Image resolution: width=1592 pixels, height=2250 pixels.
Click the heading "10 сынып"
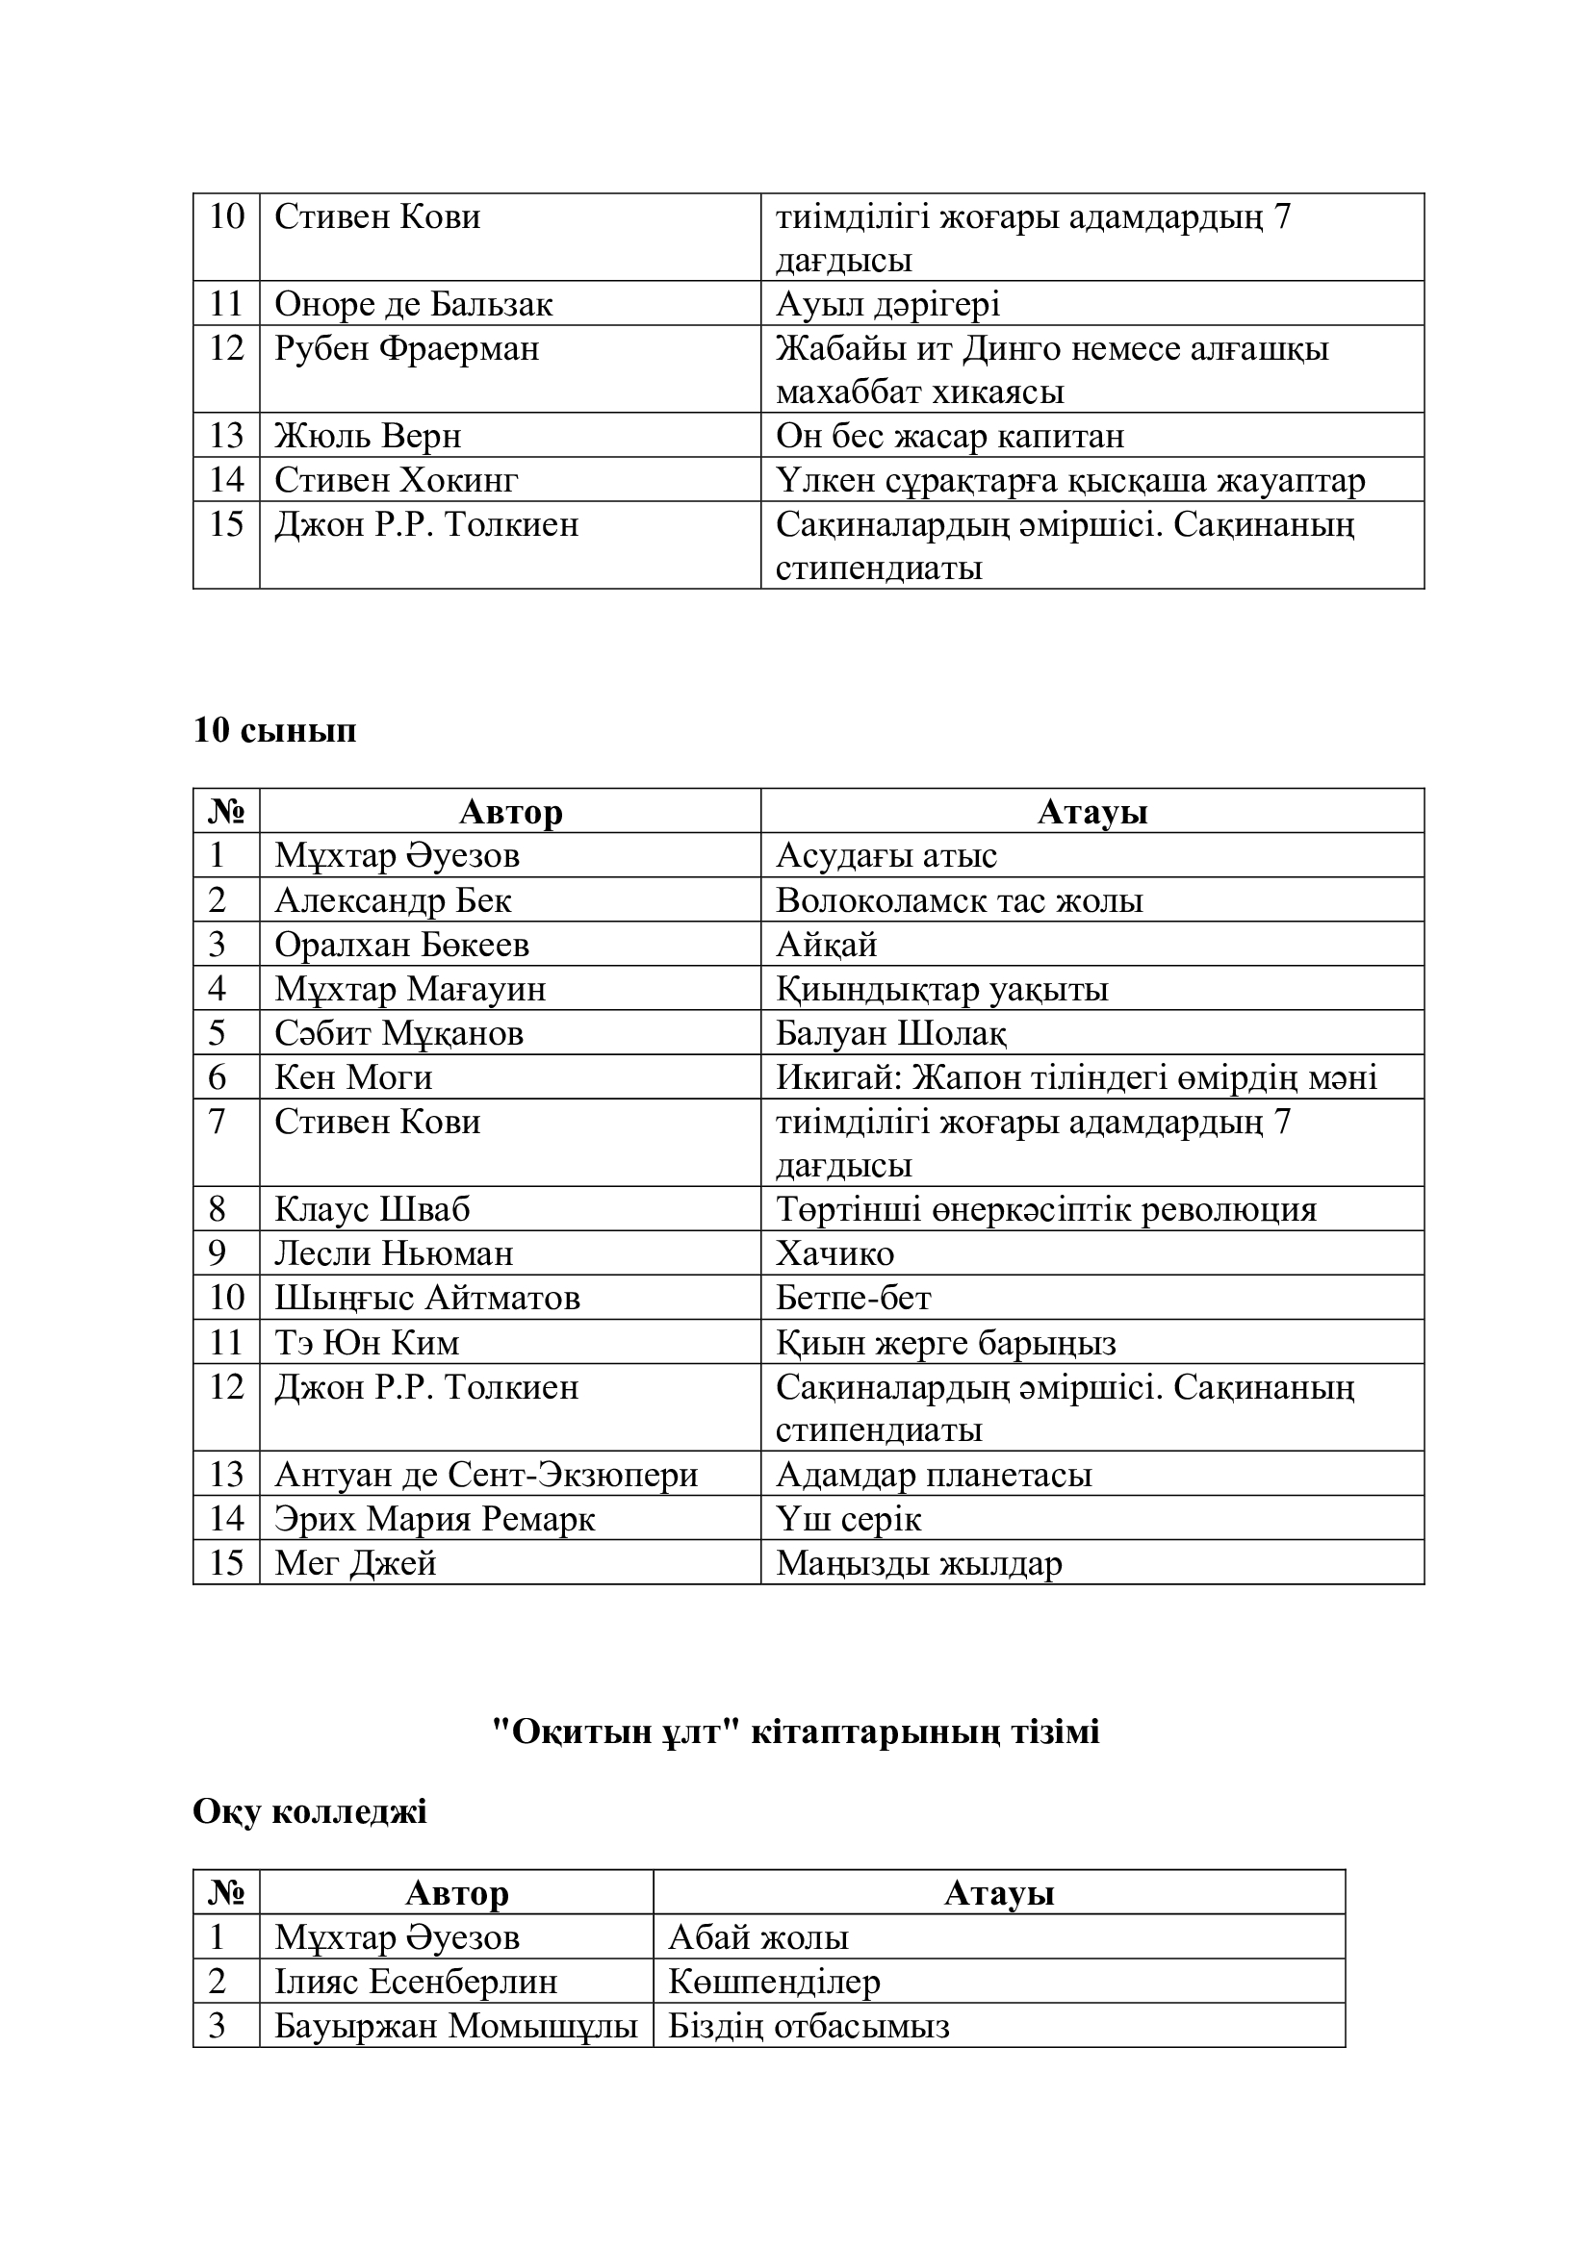[274, 730]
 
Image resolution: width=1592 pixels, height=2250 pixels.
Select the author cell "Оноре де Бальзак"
[413, 304]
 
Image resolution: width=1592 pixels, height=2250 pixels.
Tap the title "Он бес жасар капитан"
[949, 435]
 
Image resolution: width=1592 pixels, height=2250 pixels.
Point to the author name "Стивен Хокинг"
[395, 479]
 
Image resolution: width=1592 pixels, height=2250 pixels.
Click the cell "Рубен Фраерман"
[406, 348]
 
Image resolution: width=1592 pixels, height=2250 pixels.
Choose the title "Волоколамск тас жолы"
[959, 899]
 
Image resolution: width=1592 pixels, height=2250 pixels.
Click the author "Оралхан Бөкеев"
[401, 944]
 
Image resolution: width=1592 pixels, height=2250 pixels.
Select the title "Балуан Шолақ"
[890, 1033]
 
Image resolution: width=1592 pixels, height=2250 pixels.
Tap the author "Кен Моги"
[353, 1077]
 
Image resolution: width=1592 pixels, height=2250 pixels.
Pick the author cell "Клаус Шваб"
[372, 1209]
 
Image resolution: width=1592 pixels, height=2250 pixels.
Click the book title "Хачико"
[835, 1253]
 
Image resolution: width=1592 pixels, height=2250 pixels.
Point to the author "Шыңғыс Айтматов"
[426, 1298]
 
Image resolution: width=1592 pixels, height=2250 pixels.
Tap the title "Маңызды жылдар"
[918, 1563]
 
